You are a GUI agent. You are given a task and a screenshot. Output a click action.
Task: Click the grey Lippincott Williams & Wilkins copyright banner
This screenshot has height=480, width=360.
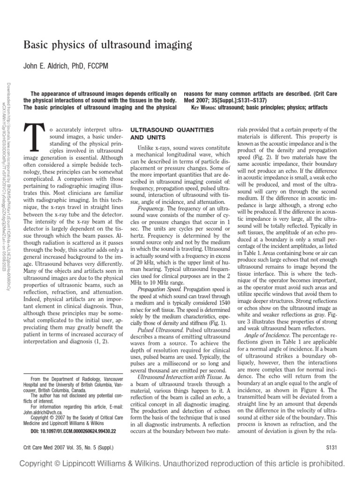[x=180, y=465]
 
